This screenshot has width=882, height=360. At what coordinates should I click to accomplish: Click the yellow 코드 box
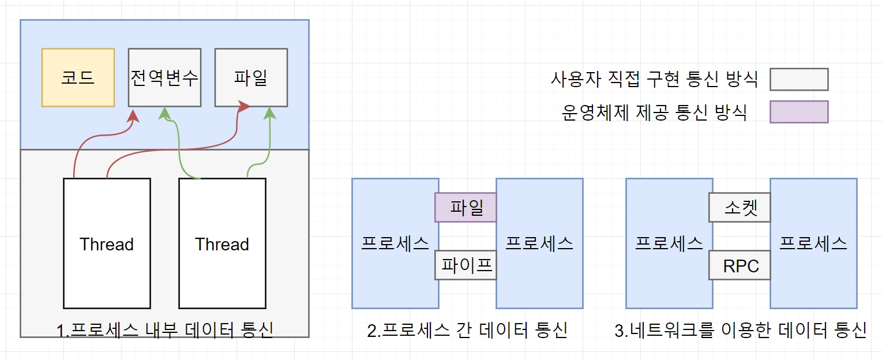pos(78,78)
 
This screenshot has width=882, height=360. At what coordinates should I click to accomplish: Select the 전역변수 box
pos(164,78)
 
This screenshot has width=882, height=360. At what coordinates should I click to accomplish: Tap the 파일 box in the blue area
pos(251,78)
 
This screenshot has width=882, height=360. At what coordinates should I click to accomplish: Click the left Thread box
pos(107,243)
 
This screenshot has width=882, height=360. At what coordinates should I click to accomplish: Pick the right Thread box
pos(222,243)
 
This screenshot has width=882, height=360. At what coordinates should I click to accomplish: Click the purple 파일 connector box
pos(466,207)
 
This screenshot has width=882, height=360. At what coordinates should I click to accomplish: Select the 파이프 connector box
pos(466,265)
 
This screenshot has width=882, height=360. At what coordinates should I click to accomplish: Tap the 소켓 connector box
pos(740,207)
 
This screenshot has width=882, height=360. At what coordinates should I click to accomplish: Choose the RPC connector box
pos(740,265)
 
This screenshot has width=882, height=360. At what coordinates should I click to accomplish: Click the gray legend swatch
pos(799,80)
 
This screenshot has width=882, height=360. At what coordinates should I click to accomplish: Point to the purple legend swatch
pos(799,112)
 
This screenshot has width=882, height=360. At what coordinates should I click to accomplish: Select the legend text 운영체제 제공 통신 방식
pos(654,112)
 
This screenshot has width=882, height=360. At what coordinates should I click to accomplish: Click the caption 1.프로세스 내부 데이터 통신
pos(164,330)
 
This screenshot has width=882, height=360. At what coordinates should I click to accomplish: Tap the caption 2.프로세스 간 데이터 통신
pos(467,330)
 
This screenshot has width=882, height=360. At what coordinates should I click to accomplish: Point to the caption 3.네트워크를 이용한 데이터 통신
pos(741,330)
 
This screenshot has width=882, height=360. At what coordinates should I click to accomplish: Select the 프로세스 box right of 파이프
pos(539,243)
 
